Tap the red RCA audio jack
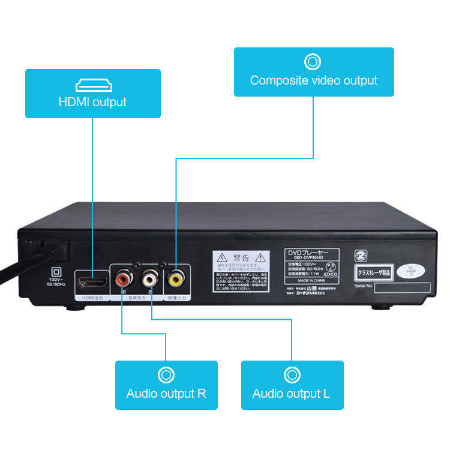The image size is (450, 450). tap(124, 279)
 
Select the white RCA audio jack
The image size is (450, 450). tap(149, 278)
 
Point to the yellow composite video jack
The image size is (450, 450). tap(176, 278)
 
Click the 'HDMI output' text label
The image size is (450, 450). tap(92, 102)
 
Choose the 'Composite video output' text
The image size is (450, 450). tap(314, 80)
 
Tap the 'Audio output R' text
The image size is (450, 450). tap(166, 394)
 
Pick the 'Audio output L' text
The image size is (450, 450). tap(292, 394)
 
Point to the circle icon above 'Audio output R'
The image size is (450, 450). tap(166, 375)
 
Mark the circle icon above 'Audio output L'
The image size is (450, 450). tap(292, 375)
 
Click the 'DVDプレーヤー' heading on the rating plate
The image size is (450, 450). tap(310, 253)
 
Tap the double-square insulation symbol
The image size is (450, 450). tap(58, 271)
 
